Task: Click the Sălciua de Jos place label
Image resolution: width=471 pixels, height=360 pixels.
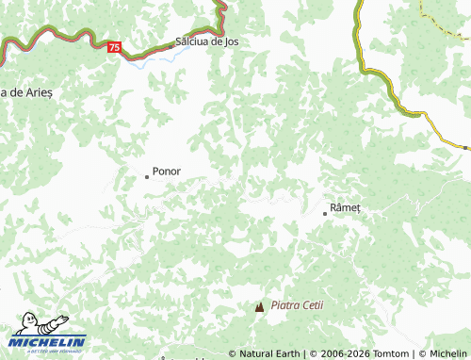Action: pos(206,42)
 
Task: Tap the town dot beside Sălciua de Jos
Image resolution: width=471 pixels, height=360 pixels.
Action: pos(173,43)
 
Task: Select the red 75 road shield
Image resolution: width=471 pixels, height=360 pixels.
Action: pos(114,46)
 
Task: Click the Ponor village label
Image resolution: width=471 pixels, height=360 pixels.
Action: pos(167,172)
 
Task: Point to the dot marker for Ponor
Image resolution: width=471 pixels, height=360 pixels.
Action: pos(146,176)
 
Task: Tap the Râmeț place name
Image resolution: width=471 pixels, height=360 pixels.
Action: pos(346,207)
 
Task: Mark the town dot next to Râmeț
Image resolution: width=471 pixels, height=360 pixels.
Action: pos(325,214)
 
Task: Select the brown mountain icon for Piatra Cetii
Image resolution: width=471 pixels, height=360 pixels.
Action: pos(260,306)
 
